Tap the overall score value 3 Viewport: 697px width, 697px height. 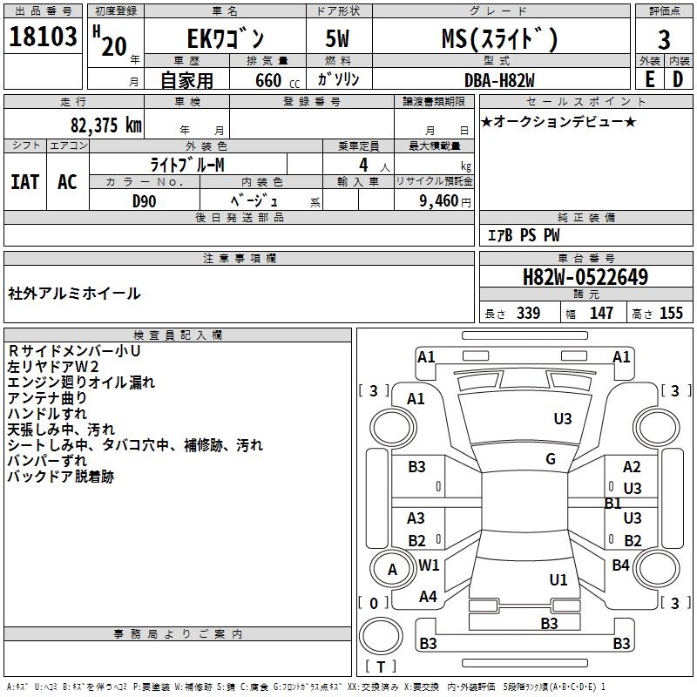tap(664, 40)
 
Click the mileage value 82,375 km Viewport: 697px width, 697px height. tap(105, 125)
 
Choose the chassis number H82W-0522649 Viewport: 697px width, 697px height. tap(585, 277)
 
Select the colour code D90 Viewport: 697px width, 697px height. tap(144, 200)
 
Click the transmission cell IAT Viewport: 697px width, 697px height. tap(25, 182)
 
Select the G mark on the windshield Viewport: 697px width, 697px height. tap(551, 459)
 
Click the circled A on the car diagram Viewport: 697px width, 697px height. tap(392, 570)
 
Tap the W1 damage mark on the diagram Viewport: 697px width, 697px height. tap(429, 565)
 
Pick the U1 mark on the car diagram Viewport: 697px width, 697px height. tap(558, 579)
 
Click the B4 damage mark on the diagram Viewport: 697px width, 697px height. tap(620, 565)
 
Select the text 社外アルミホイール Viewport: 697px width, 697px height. tap(74, 294)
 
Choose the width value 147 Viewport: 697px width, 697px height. tap(601, 314)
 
